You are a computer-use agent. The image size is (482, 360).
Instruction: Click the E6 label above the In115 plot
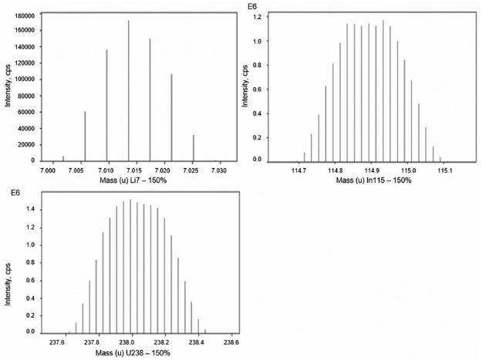[x=251, y=6]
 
